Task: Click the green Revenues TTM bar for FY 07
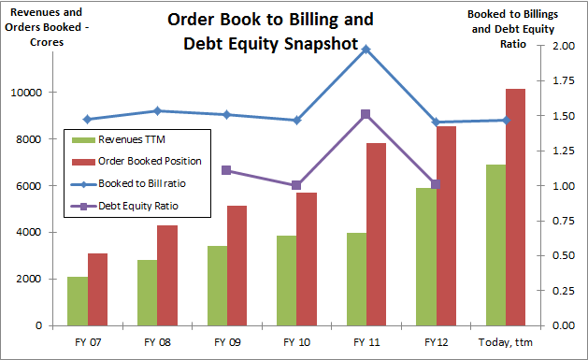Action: coord(78,301)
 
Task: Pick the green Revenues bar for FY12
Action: coord(427,257)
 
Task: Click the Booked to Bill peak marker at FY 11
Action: coord(366,49)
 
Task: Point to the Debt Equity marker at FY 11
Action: coord(366,114)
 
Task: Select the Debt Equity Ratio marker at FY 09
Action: coord(227,170)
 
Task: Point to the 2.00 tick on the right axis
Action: coord(563,46)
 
